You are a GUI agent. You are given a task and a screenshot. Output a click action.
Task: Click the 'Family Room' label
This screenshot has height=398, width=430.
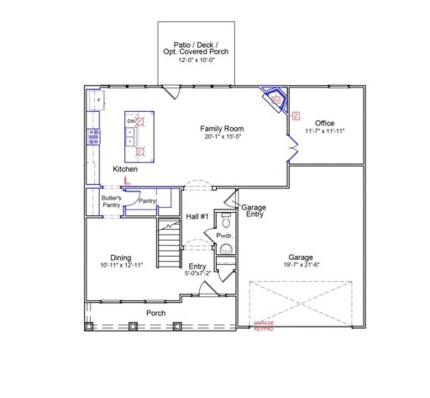coord(222,128)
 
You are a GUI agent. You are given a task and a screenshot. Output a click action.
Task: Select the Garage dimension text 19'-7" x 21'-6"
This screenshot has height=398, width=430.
coord(301,267)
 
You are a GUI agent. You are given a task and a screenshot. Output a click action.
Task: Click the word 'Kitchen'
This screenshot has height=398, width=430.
coord(125,169)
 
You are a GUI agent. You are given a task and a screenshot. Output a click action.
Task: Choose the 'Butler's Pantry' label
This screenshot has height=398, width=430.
coord(101,200)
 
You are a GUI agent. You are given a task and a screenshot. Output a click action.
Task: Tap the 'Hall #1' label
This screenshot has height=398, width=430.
coord(196,217)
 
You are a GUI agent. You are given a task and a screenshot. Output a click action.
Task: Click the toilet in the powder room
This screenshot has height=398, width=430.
coord(224,220)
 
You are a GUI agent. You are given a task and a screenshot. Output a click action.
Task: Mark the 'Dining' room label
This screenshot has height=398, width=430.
coord(121,257)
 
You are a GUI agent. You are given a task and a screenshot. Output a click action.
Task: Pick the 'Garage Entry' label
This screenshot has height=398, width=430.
coord(254,210)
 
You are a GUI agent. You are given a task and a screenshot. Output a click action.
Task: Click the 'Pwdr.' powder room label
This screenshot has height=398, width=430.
coord(223,237)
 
